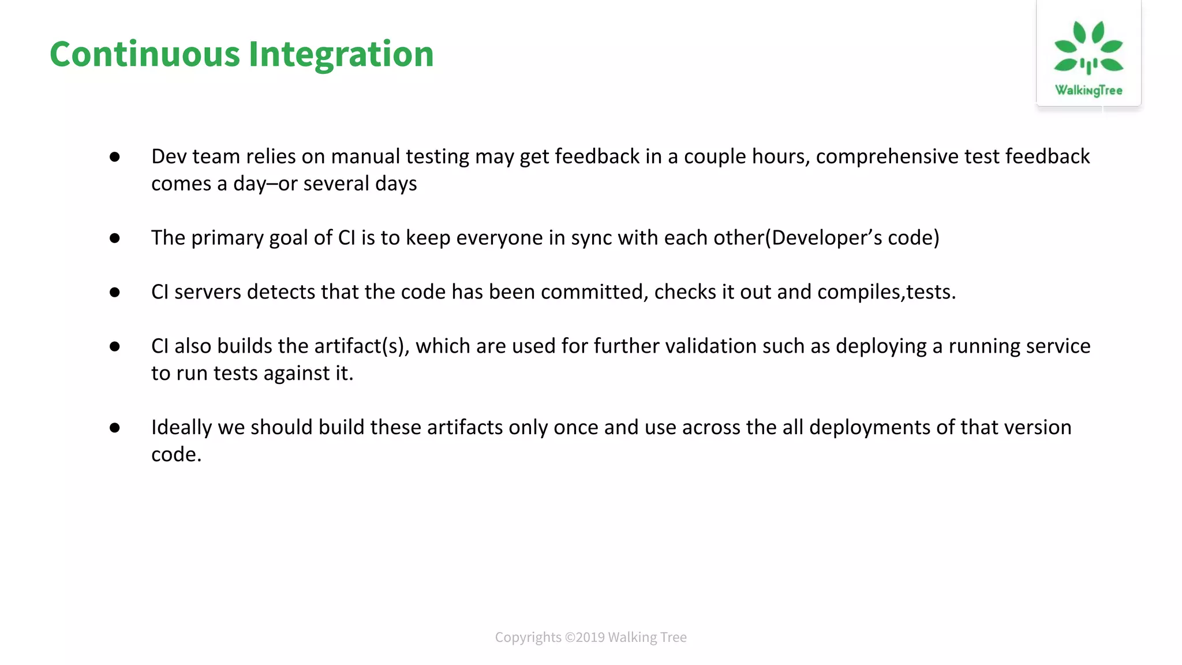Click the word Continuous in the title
click(x=144, y=54)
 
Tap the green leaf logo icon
click(x=1089, y=48)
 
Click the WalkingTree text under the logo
click(x=1089, y=90)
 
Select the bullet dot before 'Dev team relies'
click(x=115, y=157)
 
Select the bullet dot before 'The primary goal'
click(x=115, y=238)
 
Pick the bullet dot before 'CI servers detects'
click(x=115, y=292)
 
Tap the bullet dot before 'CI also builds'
click(x=115, y=346)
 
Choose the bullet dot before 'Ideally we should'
click(x=115, y=428)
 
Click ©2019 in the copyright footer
click(x=584, y=637)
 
